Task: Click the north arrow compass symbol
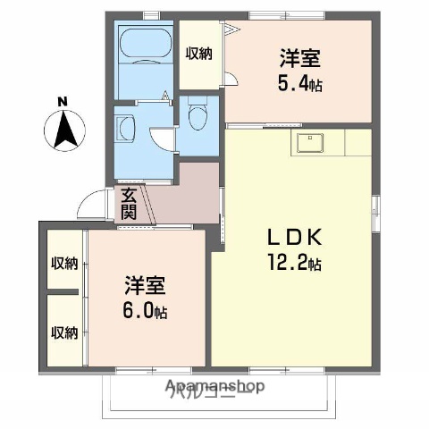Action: (x=63, y=130)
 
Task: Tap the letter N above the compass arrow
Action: (x=63, y=101)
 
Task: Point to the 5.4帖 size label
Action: (x=299, y=81)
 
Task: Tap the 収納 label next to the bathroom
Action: (x=198, y=53)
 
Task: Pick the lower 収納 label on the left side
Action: (x=63, y=332)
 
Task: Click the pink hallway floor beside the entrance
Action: (x=183, y=192)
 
